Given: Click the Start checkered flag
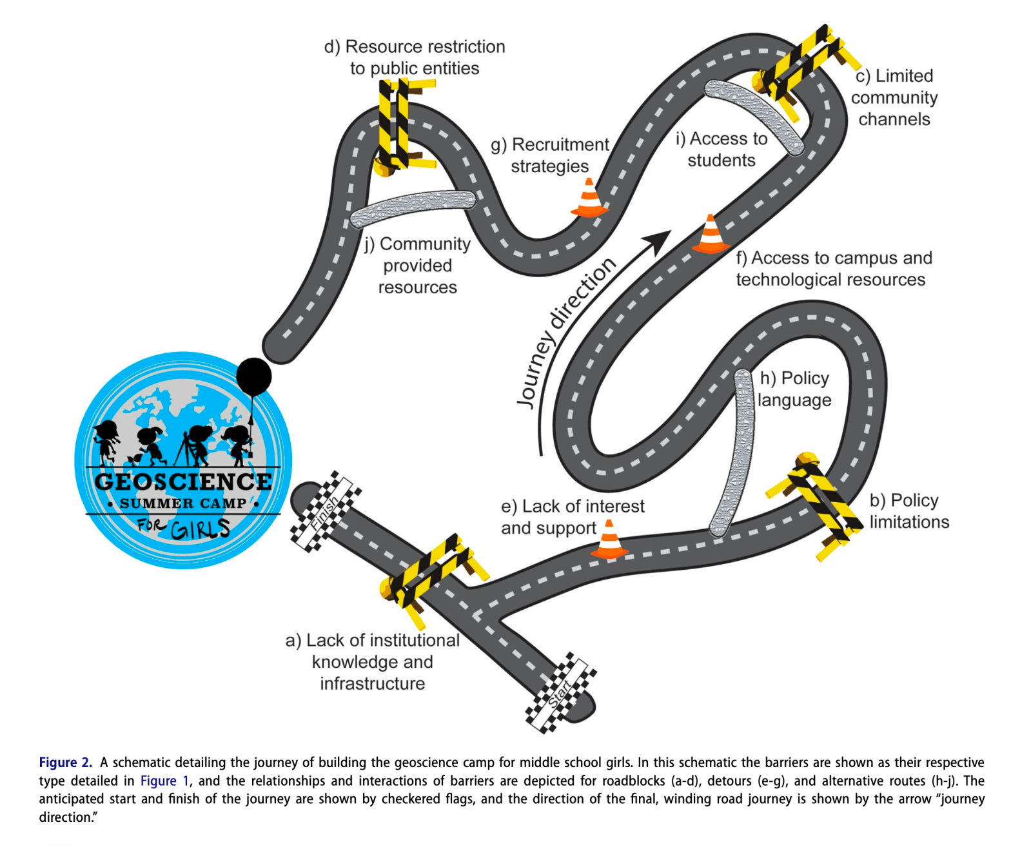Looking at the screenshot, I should pos(560,692).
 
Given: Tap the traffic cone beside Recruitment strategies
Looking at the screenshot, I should pos(589,198).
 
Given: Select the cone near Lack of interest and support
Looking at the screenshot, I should pos(609,540).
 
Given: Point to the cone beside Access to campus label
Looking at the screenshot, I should pos(711,235).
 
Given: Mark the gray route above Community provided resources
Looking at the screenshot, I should pos(413,207).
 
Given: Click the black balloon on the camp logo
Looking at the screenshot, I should pos(254,376).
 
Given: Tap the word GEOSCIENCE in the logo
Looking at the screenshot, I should pos(183,482).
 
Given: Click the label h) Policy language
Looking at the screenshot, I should pos(794,389).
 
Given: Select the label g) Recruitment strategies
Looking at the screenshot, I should pos(550,155).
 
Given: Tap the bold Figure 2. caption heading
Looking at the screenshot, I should pos(66,763).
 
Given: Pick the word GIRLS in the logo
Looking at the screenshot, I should pos(200,529).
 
